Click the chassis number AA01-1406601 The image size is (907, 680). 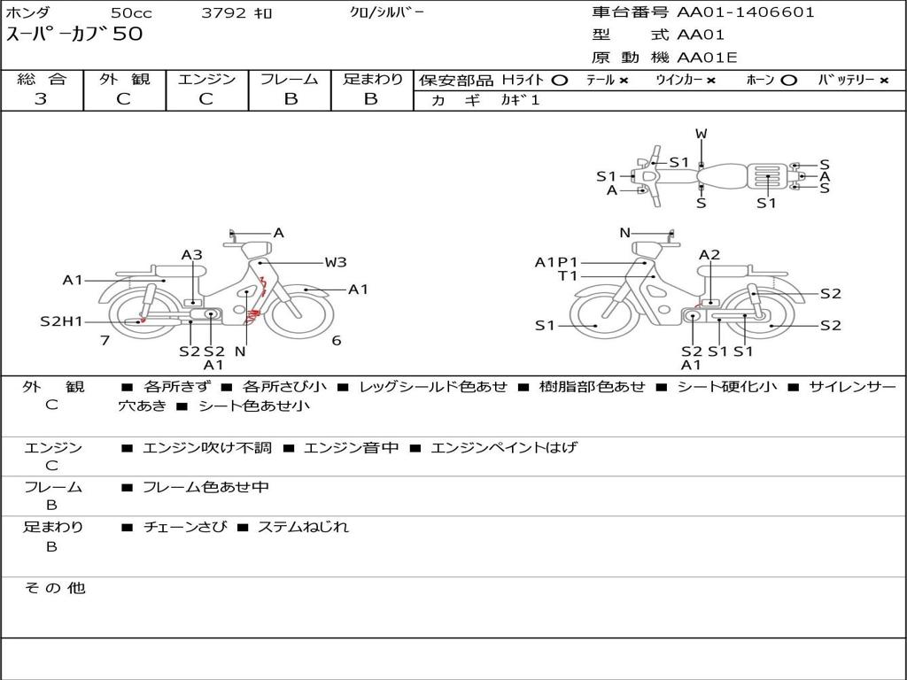(x=745, y=12)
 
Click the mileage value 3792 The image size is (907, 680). (x=223, y=12)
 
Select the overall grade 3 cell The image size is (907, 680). (x=41, y=99)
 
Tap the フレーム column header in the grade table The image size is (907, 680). (x=290, y=79)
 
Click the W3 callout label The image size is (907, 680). (x=336, y=262)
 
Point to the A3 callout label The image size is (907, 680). (x=192, y=255)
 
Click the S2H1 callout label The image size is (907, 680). (x=62, y=321)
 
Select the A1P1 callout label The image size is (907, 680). (x=556, y=262)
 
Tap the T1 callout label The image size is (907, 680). (x=568, y=276)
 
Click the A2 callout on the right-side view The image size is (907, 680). (x=709, y=255)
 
